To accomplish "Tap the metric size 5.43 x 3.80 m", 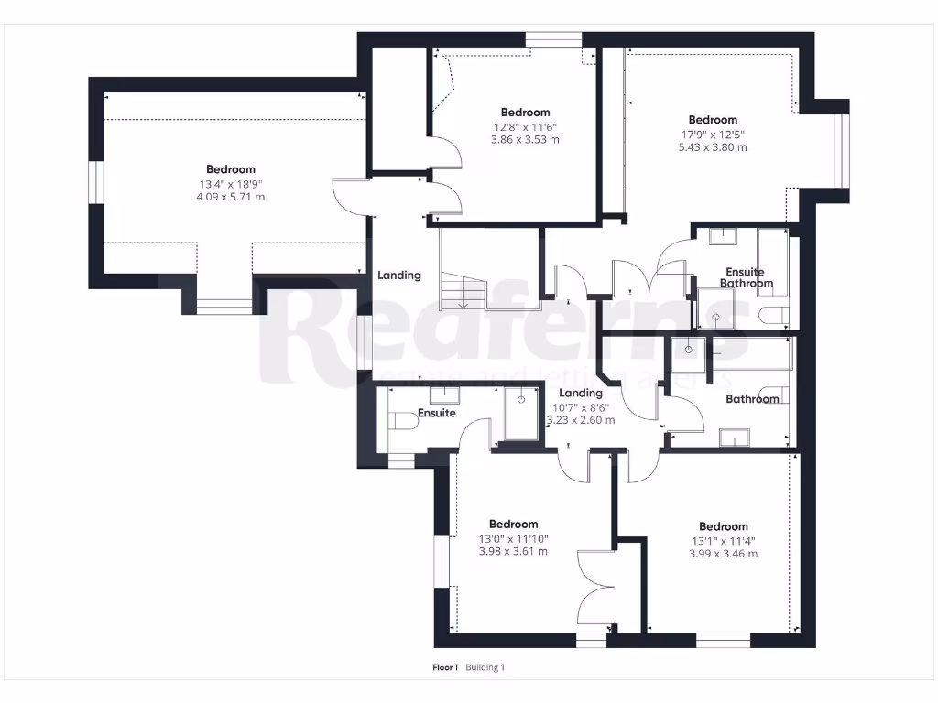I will (713, 147).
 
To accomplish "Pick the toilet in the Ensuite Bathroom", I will (775, 317).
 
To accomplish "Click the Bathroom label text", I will (752, 399).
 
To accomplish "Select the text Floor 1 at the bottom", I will (445, 667).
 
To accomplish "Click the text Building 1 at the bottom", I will (485, 667).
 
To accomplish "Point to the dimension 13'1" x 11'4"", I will (724, 540).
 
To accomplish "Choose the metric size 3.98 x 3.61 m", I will (513, 551).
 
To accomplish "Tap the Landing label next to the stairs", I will (399, 275).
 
